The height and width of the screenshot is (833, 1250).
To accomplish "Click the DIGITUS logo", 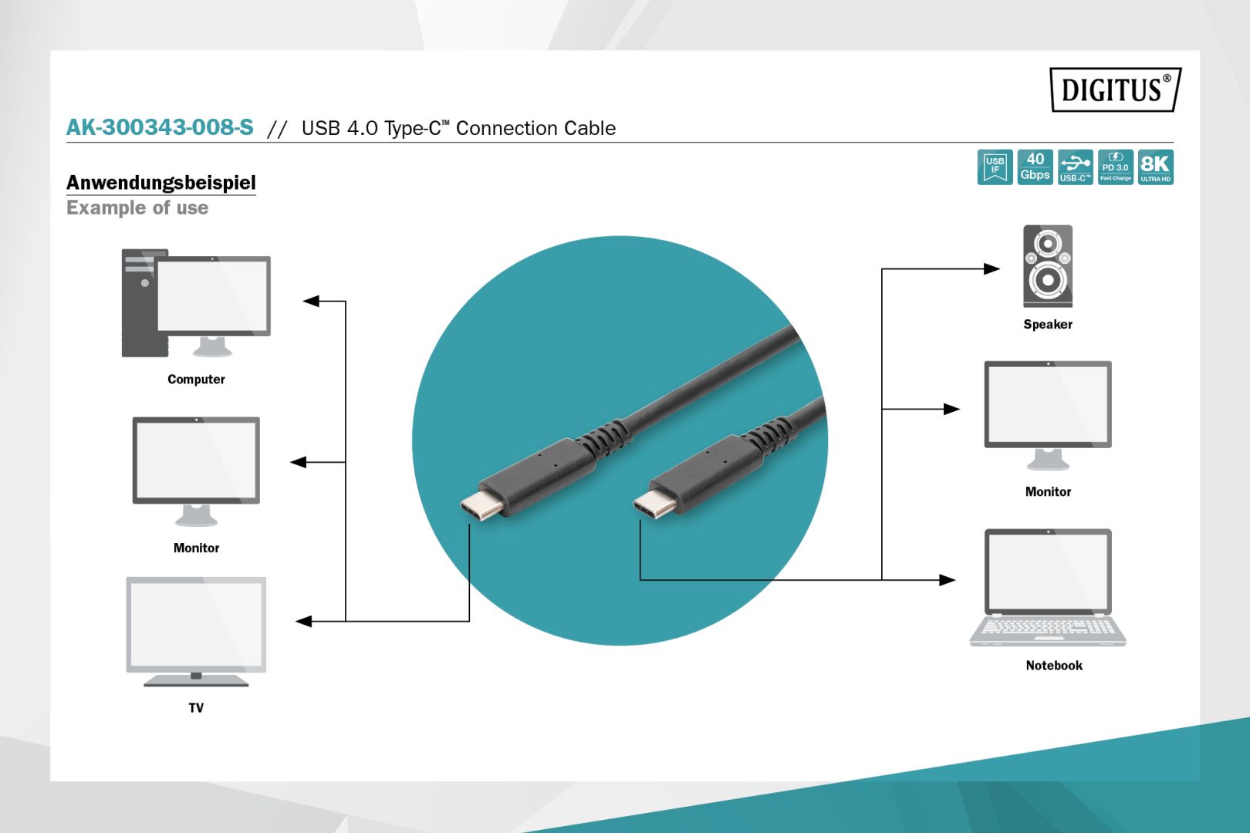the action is [1115, 89].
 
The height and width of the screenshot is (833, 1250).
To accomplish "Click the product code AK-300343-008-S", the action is [160, 128].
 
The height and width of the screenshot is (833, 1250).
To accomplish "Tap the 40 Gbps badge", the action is [1035, 167].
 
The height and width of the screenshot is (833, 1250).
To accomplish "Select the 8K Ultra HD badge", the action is [1156, 167].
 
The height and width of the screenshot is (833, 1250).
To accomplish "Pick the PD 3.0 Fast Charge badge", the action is [1116, 167].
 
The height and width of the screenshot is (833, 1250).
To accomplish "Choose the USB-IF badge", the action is [995, 167].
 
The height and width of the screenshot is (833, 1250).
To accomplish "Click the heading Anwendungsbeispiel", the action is [160, 183].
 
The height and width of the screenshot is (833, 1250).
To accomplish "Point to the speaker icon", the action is [1047, 266].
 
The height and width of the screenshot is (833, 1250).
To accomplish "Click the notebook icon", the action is [1047, 588].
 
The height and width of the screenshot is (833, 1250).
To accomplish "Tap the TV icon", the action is [196, 632].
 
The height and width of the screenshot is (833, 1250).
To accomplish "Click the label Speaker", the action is [1047, 324].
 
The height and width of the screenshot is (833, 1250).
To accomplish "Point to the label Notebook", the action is [1053, 665].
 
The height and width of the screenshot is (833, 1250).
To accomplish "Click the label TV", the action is [196, 707].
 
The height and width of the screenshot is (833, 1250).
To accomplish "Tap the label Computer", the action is [196, 379].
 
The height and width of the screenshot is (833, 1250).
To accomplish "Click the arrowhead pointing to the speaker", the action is [992, 269].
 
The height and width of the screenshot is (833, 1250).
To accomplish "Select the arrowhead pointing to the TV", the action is [303, 621].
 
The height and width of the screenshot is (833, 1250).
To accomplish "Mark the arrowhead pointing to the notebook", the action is [947, 580].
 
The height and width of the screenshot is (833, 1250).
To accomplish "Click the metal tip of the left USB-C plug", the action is [481, 505].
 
